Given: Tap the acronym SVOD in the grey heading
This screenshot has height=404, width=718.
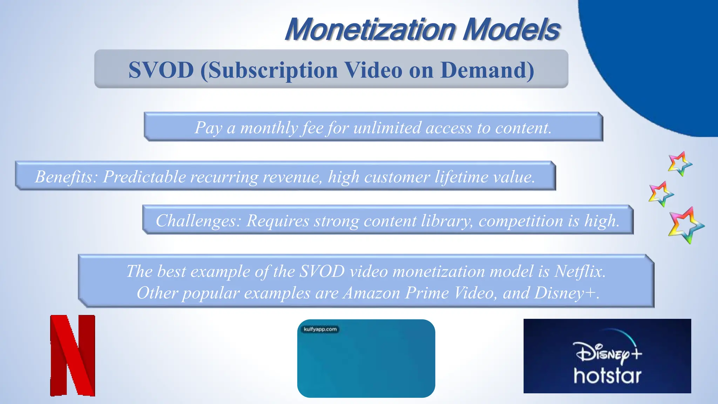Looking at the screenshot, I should tap(161, 70).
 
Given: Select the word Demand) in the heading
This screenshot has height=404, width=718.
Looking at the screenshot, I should tap(487, 70).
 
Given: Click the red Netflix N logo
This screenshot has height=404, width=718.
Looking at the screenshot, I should tap(73, 356).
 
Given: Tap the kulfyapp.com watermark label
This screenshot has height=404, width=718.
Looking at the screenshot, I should tap(320, 329).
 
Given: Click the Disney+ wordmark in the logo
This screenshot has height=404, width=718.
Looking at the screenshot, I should tap(607, 353).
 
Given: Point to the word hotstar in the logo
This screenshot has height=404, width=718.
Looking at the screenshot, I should tap(607, 376).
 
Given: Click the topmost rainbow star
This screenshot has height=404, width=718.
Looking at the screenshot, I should tap(680, 163).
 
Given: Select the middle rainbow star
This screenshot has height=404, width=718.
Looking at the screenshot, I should tap(661, 194).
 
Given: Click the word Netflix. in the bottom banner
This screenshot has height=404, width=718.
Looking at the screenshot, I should tap(580, 271).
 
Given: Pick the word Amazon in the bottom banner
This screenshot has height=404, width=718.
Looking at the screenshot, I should tap(371, 293).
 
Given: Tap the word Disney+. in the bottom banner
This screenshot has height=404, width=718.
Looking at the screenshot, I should tap(567, 293).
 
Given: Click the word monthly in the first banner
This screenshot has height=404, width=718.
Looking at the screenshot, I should tap(269, 128).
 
